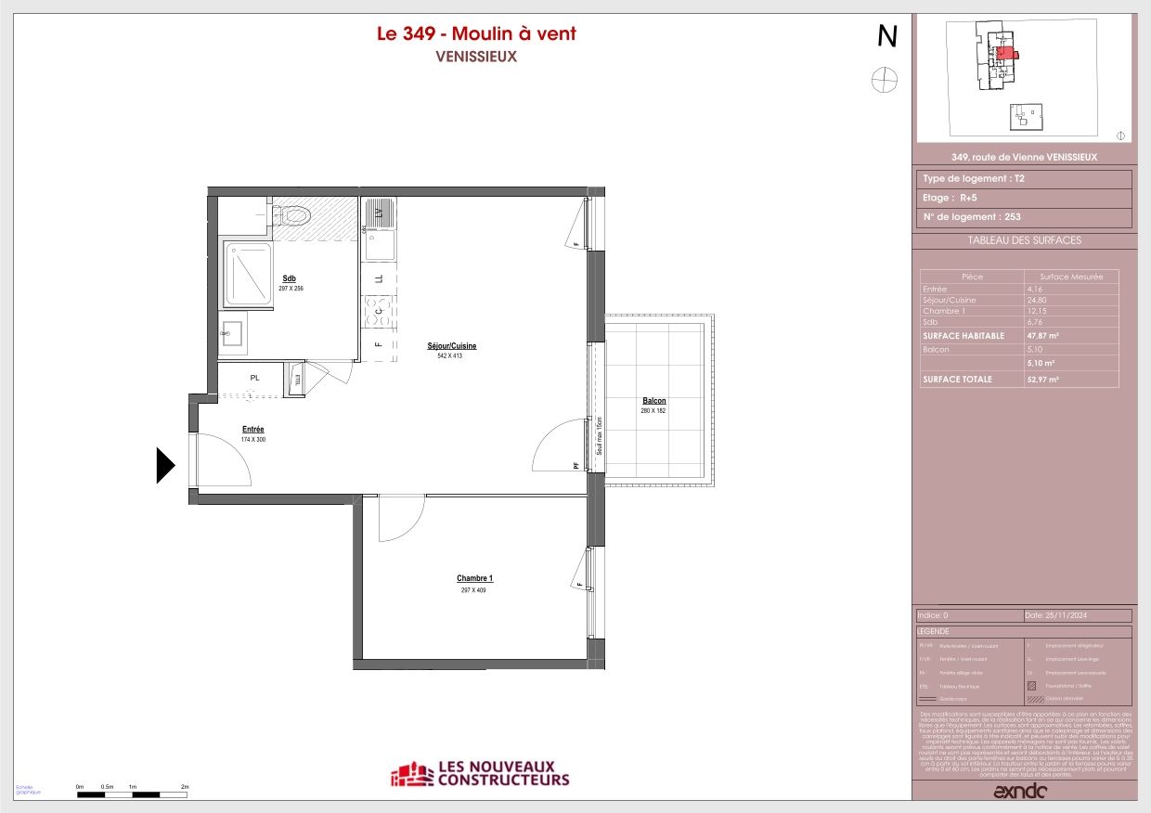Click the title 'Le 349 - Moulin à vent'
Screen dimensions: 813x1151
(475, 34)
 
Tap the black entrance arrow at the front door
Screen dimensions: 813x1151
(164, 465)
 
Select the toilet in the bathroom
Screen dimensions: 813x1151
(296, 216)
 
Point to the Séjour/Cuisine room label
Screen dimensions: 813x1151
(457, 346)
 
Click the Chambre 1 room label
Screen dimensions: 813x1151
(474, 579)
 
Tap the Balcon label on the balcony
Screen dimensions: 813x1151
(653, 401)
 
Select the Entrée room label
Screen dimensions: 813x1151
(253, 430)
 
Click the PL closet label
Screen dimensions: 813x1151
(254, 378)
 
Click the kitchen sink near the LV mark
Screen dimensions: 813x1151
(379, 245)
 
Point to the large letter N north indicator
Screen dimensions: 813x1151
(887, 36)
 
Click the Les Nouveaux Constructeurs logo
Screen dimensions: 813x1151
(480, 774)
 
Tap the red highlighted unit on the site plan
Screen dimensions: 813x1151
(1005, 53)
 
